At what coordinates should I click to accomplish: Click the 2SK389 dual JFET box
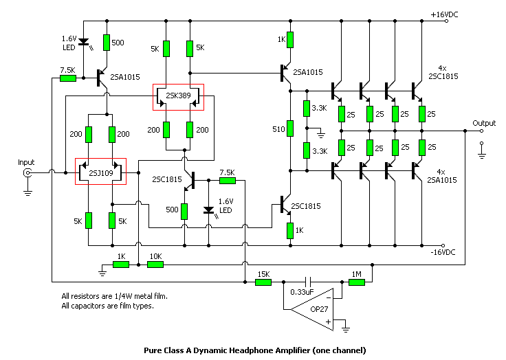(x=178, y=85)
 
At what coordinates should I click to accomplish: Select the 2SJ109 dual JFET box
(x=100, y=159)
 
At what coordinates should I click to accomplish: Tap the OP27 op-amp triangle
(x=312, y=309)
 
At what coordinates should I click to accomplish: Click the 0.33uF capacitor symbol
(x=309, y=282)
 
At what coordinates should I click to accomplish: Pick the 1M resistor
(x=357, y=282)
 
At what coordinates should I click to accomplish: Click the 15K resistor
(x=263, y=282)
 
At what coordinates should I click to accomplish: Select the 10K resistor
(x=155, y=265)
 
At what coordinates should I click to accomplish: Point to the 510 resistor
(x=290, y=128)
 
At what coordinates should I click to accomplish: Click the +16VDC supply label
(x=444, y=14)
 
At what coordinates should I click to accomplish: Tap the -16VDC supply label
(x=443, y=252)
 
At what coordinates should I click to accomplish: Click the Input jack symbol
(x=27, y=173)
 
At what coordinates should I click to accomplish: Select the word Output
(x=484, y=123)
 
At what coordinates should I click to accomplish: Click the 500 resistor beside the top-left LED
(x=107, y=43)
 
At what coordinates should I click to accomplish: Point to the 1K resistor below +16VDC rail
(x=290, y=40)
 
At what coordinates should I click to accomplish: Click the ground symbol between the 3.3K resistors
(x=320, y=134)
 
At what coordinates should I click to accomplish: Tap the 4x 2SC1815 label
(x=443, y=72)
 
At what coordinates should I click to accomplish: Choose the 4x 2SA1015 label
(x=442, y=176)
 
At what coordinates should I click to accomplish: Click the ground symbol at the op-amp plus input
(x=346, y=328)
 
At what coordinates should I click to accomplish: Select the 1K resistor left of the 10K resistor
(x=121, y=265)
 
